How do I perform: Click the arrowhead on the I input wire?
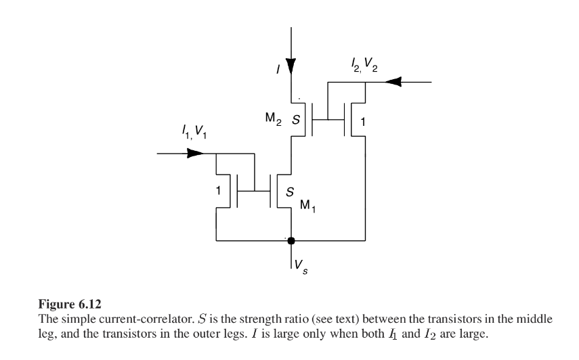click(x=291, y=66)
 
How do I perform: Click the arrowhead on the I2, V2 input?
click(x=393, y=82)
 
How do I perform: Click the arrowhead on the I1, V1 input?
click(x=195, y=153)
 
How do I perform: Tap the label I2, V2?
click(x=364, y=65)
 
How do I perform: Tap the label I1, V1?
click(x=194, y=132)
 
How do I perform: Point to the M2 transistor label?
click(x=274, y=119)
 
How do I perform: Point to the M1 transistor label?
click(x=308, y=206)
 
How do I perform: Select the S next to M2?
click(x=296, y=120)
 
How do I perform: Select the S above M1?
click(x=291, y=192)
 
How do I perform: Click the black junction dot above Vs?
click(x=291, y=241)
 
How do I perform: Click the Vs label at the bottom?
click(x=301, y=267)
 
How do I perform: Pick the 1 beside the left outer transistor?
click(x=218, y=191)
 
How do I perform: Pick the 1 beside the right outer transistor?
click(x=363, y=122)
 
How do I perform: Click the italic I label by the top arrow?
click(x=278, y=69)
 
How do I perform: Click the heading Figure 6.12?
click(x=70, y=305)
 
